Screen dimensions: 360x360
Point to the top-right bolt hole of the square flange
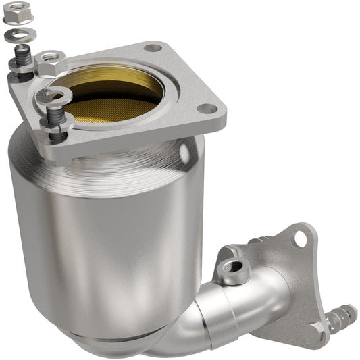[x=153, y=49]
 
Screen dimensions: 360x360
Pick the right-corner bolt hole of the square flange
[x=208, y=109]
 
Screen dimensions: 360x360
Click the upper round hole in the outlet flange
[x=301, y=237]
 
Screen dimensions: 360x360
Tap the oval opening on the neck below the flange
[x=184, y=153]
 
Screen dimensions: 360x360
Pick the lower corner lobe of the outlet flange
[x=317, y=329]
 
